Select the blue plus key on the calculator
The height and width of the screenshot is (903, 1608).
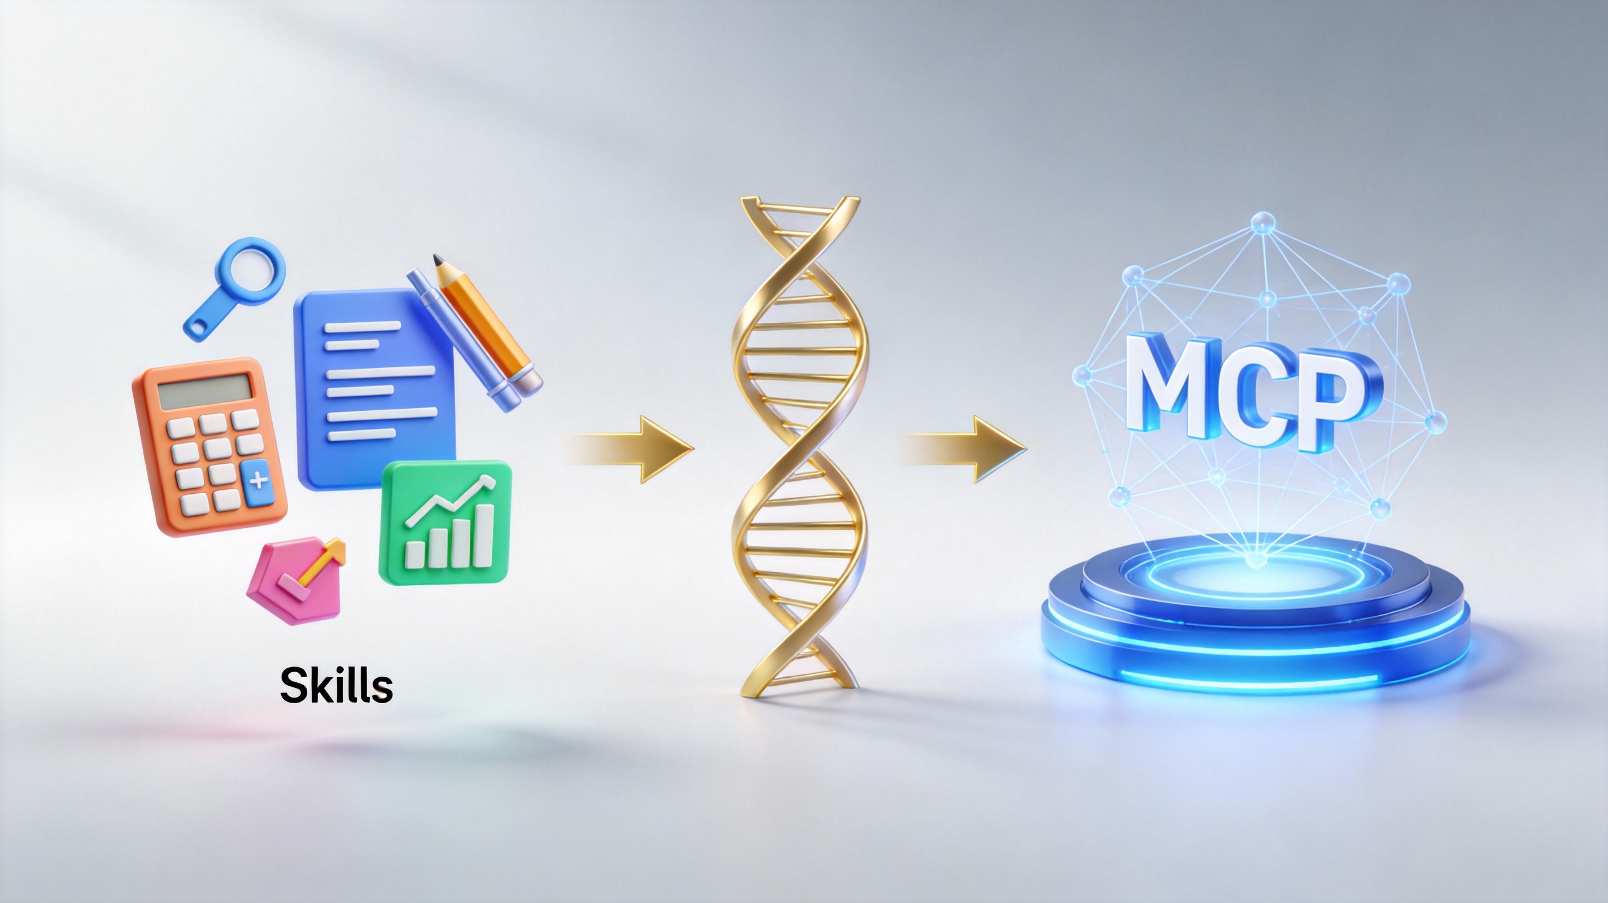(x=259, y=483)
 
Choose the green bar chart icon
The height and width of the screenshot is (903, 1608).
(x=445, y=523)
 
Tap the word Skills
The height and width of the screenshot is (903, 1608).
(x=337, y=685)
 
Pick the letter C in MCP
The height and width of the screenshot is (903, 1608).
(x=1261, y=393)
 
